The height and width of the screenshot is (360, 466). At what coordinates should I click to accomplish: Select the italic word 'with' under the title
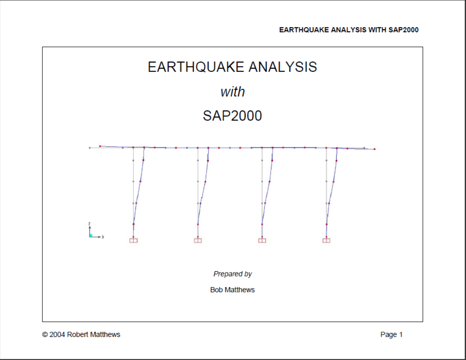232,92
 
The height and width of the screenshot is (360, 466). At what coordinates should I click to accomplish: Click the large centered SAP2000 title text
232,116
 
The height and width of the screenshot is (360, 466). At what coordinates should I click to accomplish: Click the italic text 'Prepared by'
232,274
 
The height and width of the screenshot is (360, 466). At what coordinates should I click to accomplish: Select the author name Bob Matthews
232,290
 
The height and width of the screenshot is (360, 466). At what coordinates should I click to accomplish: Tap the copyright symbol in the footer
45,335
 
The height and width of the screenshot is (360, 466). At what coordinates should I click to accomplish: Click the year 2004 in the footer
57,335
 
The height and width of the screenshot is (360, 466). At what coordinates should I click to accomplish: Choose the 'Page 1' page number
391,335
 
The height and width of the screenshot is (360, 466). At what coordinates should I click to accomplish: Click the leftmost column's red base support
134,240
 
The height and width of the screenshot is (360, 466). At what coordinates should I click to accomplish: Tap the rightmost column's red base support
326,240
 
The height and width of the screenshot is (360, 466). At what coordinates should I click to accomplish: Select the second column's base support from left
198,240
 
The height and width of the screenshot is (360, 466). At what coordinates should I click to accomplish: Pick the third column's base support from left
262,240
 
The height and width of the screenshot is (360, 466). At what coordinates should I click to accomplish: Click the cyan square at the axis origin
91,235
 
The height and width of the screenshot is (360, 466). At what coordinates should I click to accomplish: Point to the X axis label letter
103,237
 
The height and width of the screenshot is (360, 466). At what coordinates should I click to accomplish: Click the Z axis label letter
89,224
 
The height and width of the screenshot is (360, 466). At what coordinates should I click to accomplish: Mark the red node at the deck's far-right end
374,149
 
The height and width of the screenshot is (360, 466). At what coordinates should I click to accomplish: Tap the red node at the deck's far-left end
100,146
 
